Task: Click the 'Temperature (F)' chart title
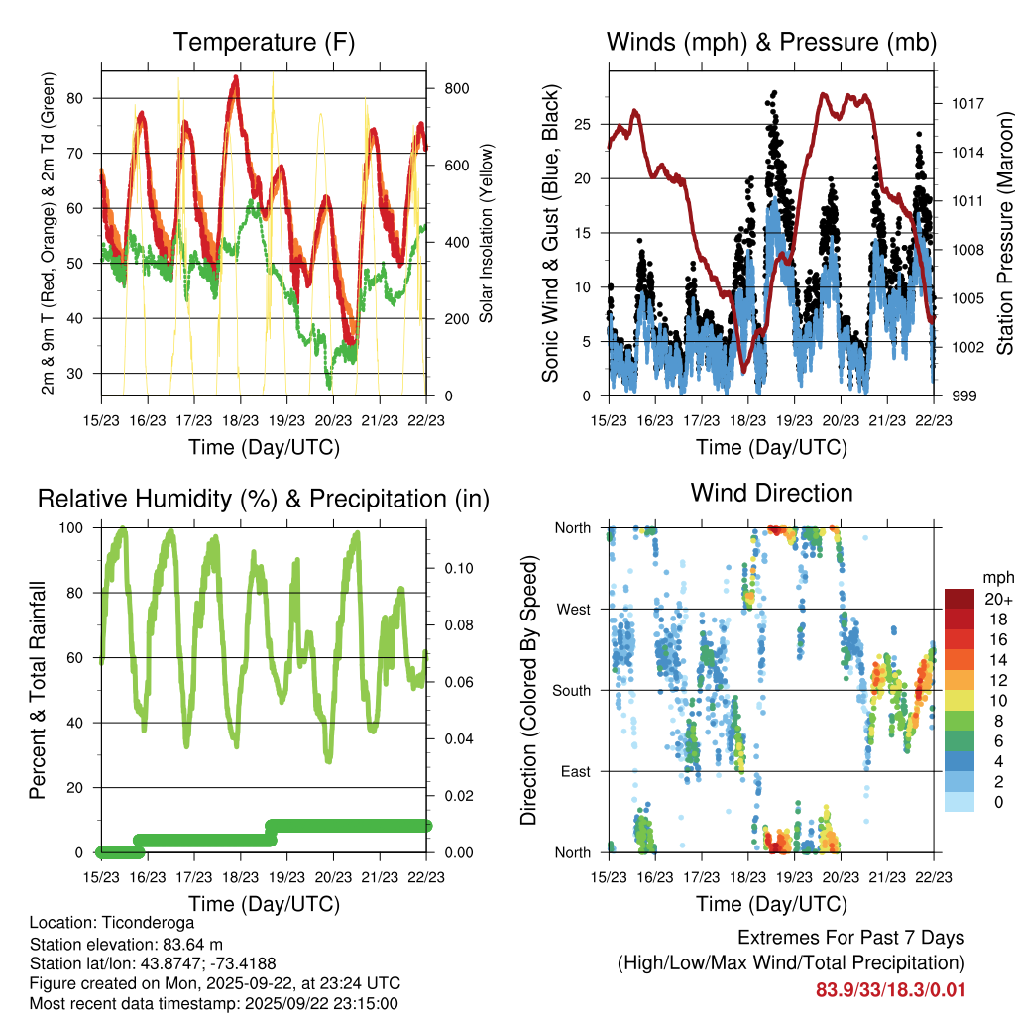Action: point(263,42)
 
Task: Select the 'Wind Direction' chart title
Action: point(771,493)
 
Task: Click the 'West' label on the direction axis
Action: point(573,609)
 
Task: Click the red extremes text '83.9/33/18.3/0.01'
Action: point(890,990)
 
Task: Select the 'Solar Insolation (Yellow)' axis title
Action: point(486,233)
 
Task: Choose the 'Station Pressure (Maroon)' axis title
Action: point(1004,233)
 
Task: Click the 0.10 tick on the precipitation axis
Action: point(455,568)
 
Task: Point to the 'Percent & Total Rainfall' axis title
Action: point(38,691)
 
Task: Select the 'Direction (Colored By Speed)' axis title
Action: point(528,691)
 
